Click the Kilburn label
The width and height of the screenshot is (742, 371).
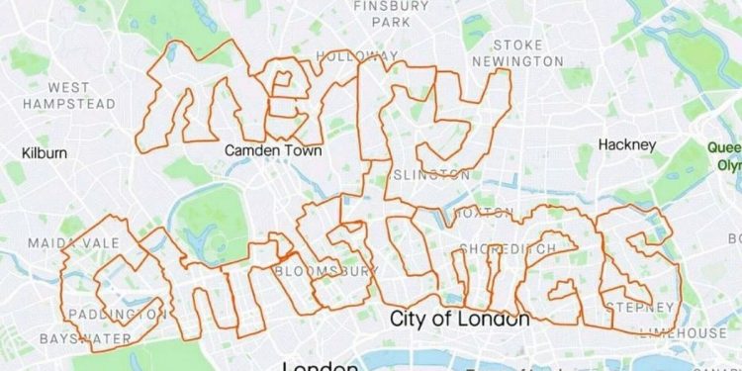tap(45, 153)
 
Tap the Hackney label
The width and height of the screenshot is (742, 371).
tap(627, 144)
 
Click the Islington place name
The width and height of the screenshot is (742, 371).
tap(431, 175)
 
